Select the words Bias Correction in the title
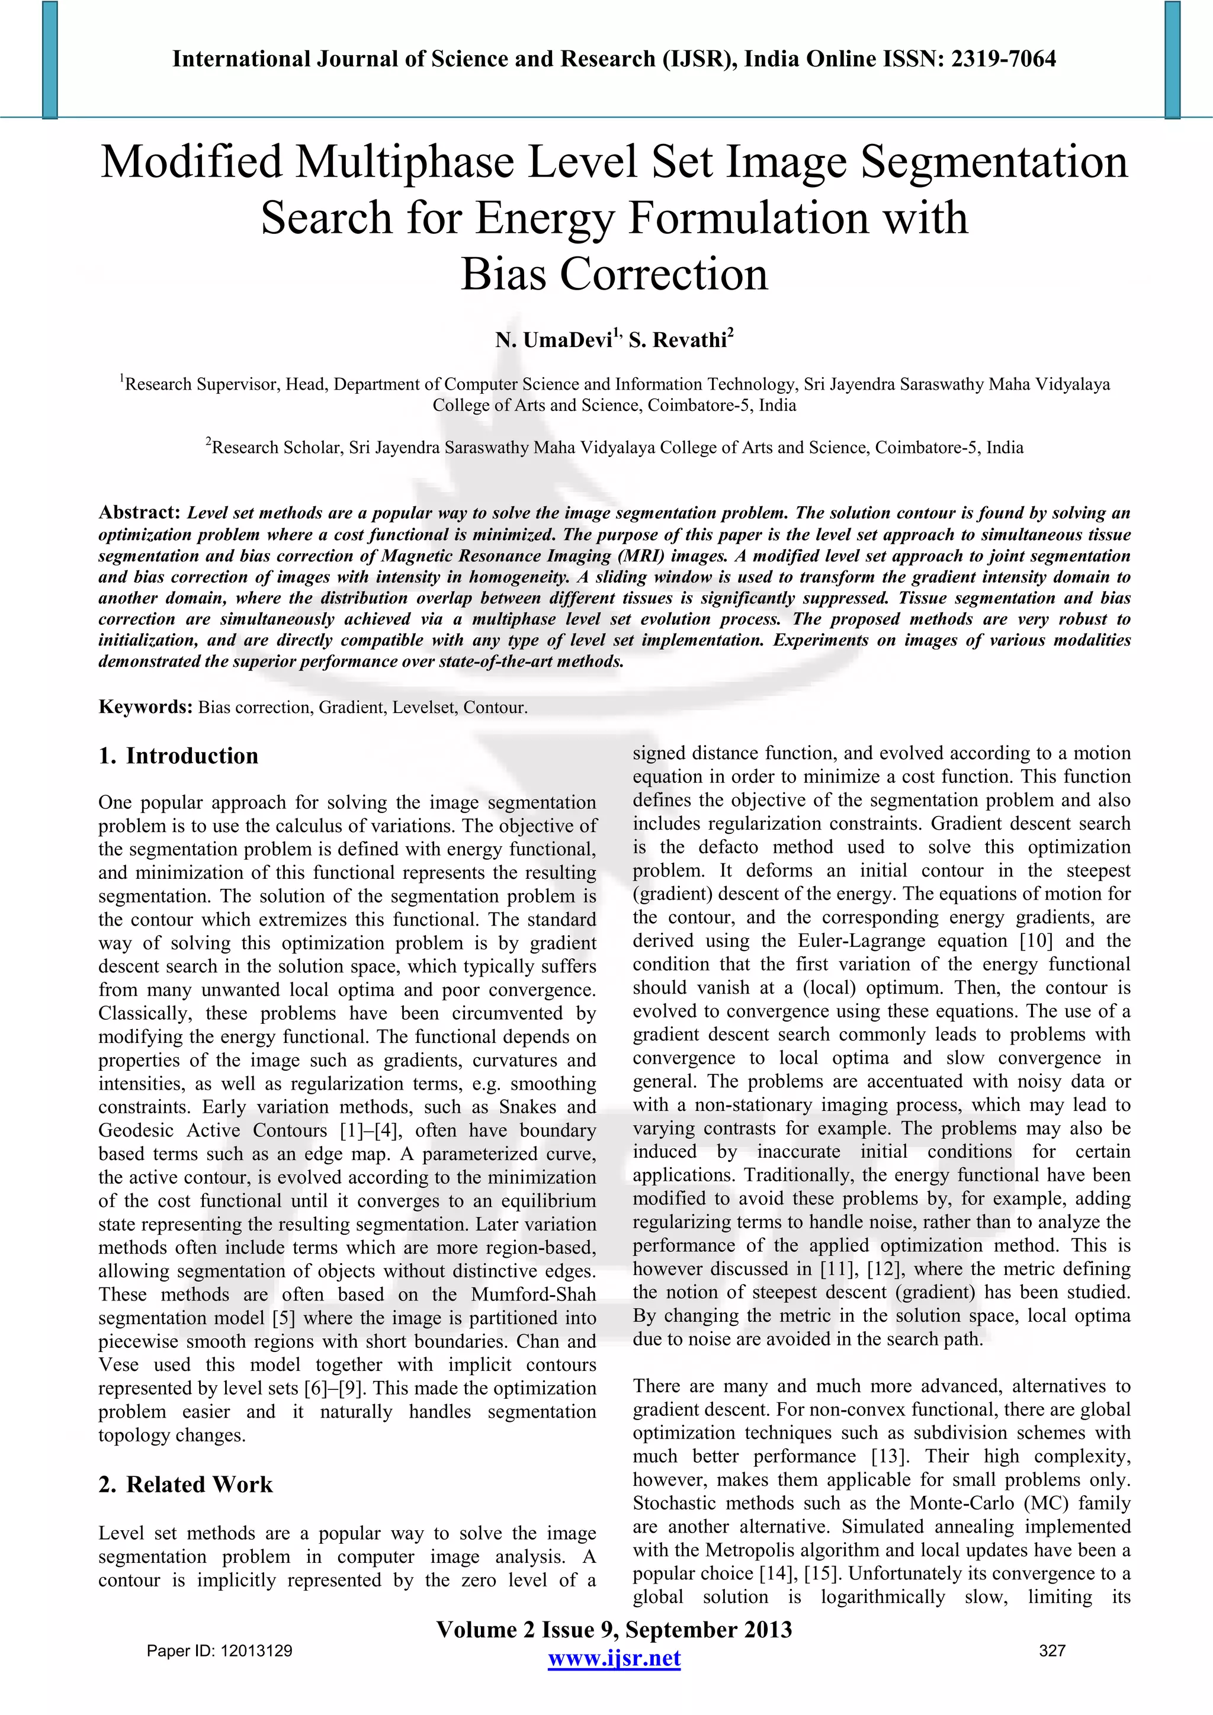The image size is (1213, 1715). coord(614,274)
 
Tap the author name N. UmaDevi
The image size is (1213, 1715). coord(553,341)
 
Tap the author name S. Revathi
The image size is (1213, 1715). coord(678,341)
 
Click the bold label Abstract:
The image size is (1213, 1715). coord(140,512)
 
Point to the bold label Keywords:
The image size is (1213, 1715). coord(146,706)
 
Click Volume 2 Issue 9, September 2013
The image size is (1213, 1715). coord(614,1630)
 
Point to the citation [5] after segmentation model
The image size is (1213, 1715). coord(284,1318)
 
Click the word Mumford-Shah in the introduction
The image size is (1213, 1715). coord(533,1295)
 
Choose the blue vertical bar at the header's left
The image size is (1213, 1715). coord(50,60)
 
